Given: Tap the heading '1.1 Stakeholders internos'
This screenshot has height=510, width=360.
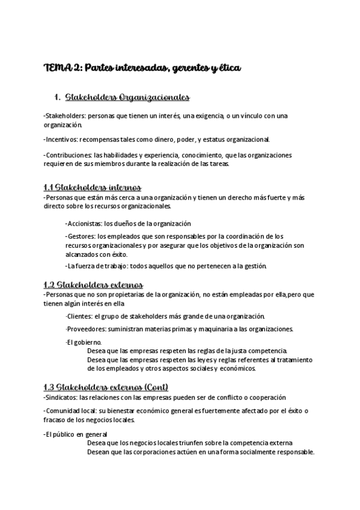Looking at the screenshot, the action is tap(92, 187).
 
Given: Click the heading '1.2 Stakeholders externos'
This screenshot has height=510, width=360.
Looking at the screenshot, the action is tap(93, 284).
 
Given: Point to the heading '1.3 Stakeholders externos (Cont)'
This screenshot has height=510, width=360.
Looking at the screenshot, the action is tap(106, 387).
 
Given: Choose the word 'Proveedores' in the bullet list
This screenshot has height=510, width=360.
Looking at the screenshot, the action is tap(85, 330).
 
